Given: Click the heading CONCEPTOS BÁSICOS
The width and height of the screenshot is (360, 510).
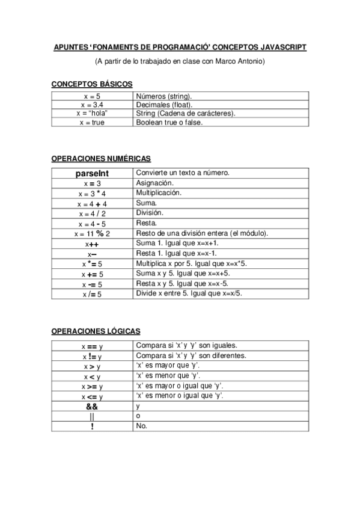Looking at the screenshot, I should (x=92, y=84).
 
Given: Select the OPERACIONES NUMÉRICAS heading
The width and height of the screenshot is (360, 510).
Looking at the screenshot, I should (x=101, y=158).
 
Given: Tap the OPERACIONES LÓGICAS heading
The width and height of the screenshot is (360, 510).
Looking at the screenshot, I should (x=96, y=331).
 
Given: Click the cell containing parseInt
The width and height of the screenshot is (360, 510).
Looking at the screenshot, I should (x=92, y=173).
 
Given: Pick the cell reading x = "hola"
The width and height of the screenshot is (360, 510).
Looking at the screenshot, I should (x=92, y=113).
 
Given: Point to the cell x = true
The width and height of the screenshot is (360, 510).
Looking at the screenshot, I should (x=92, y=122).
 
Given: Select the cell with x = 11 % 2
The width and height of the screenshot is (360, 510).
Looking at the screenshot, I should (x=92, y=233).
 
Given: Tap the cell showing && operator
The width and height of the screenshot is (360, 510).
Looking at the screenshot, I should (x=92, y=407).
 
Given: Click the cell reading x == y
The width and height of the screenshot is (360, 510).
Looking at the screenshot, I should (x=92, y=346).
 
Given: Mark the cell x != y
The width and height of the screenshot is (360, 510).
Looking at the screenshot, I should (x=92, y=357).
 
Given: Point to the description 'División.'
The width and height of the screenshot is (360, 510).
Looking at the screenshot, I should (x=150, y=213).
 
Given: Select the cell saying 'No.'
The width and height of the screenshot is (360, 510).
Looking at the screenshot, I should (x=142, y=426).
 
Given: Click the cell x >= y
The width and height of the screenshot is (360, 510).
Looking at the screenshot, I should (x=92, y=386).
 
